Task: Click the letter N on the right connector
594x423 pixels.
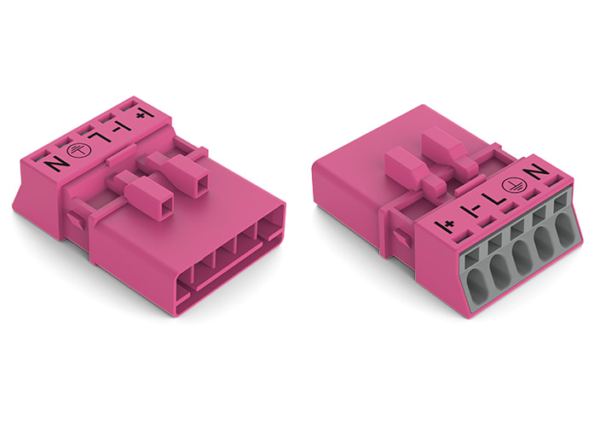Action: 540,173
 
